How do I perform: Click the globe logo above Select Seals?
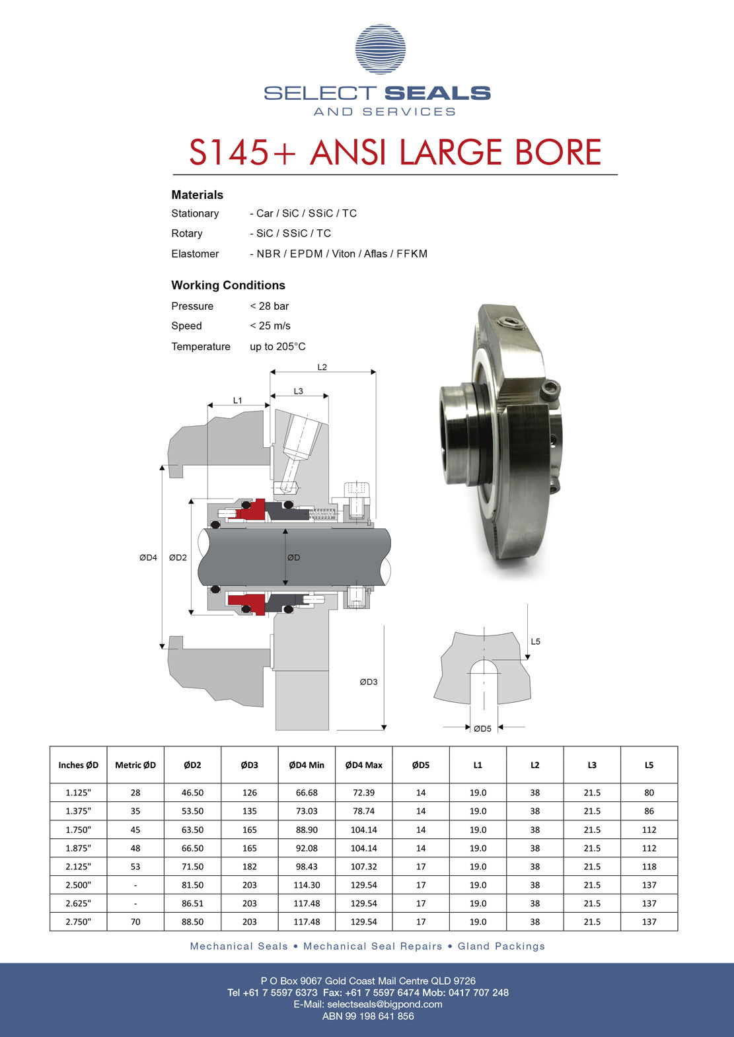tap(380, 49)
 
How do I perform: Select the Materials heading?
tap(198, 195)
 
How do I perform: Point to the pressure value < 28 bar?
tap(270, 306)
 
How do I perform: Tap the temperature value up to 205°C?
tap(277, 346)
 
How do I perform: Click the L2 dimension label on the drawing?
tap(322, 367)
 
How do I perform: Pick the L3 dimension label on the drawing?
tap(298, 391)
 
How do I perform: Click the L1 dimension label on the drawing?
tap(238, 400)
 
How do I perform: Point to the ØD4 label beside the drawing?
tap(148, 557)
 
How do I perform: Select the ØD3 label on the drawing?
tap(369, 682)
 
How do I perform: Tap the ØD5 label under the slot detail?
tap(482, 729)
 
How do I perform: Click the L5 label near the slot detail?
tap(535, 641)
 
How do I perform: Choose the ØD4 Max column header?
tap(363, 766)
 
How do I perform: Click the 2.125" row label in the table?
tap(78, 867)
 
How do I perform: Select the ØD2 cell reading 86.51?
tap(192, 903)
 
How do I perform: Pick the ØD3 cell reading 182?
tap(249, 867)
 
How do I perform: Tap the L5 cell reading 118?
tap(649, 867)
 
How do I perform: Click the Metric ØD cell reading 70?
tap(135, 921)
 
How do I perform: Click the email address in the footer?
tap(385, 1005)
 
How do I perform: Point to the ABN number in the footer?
tap(368, 1016)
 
